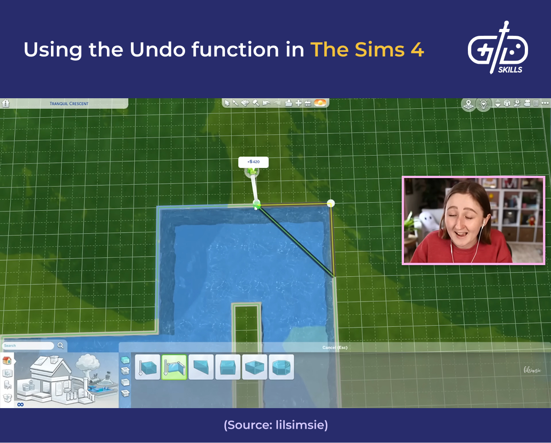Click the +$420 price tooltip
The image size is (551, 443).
253,162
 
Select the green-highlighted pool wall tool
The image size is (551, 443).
174,367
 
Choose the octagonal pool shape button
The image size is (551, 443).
281,367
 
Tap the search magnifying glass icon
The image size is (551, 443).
61,346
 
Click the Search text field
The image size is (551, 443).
28,346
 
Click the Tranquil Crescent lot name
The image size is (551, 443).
69,104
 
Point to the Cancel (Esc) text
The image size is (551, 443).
335,348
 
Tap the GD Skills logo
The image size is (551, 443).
498,48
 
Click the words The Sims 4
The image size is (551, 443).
367,50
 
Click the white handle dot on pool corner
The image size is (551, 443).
331,203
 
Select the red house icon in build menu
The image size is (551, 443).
7,360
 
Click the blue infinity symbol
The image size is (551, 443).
20,404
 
